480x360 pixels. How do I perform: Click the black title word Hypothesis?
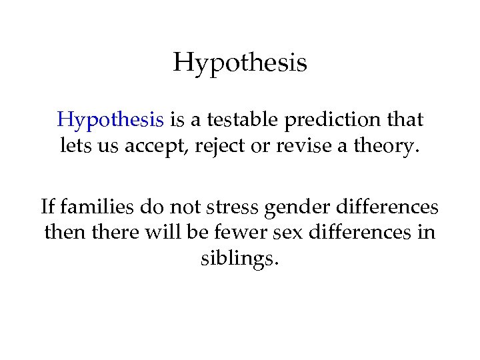coord(240,64)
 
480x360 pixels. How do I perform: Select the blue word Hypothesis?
coord(111,120)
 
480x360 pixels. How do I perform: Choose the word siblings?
coord(239,258)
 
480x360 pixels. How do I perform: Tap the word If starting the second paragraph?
coord(47,207)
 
